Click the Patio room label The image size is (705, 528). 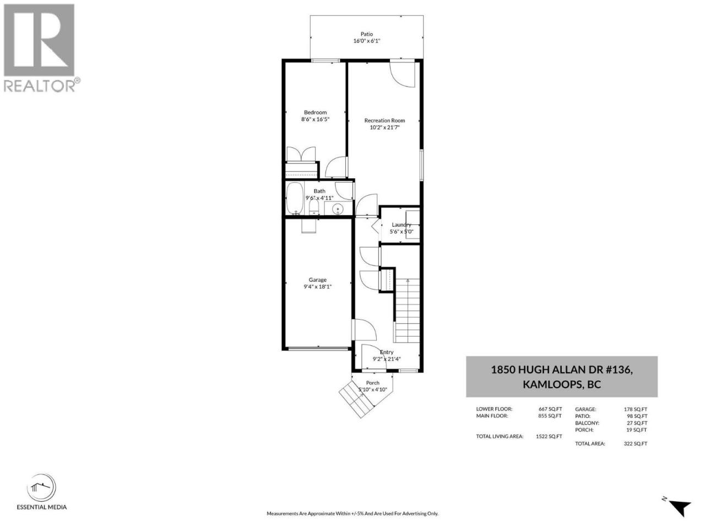point(366,34)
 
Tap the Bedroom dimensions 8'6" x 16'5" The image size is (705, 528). point(315,119)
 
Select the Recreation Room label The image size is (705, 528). point(384,120)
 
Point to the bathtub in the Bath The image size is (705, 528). point(294,198)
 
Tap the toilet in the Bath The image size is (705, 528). point(313,207)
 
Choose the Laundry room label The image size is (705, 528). point(401,225)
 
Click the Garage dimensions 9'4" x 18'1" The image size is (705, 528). point(317,287)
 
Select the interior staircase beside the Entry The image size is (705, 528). point(407,310)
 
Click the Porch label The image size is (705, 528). point(372,383)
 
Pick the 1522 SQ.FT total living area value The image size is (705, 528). point(549,436)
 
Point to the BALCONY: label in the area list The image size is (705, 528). point(587,423)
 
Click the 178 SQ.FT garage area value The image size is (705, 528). point(635,409)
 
